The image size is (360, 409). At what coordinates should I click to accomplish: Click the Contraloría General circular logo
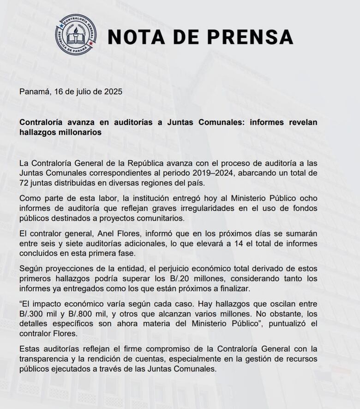(x=76, y=35)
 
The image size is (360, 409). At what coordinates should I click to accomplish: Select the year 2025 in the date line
(x=113, y=91)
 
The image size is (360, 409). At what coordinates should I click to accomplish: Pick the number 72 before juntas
(x=24, y=183)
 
